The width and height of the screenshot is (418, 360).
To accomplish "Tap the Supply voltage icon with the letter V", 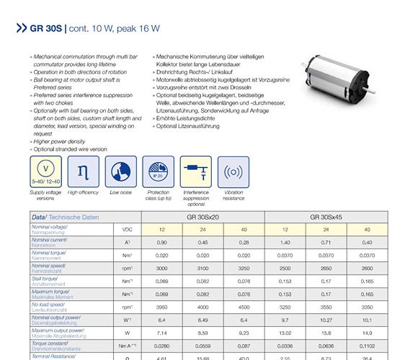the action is click(x=46, y=172).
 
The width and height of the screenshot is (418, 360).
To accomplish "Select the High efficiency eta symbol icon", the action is click(x=84, y=172).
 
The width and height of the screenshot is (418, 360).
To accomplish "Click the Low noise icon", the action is click(x=121, y=172).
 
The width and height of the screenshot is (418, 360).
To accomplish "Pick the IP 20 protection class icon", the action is click(x=159, y=172).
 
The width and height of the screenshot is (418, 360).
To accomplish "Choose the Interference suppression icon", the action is click(x=196, y=172).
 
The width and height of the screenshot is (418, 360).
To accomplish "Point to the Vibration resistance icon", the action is click(x=234, y=172).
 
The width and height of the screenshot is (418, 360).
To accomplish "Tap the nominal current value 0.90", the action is click(x=161, y=242).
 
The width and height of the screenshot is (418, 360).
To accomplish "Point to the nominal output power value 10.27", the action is click(x=327, y=319).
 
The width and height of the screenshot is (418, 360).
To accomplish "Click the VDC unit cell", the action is click(x=126, y=229).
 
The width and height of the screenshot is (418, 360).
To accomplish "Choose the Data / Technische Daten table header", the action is click(x=66, y=216).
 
